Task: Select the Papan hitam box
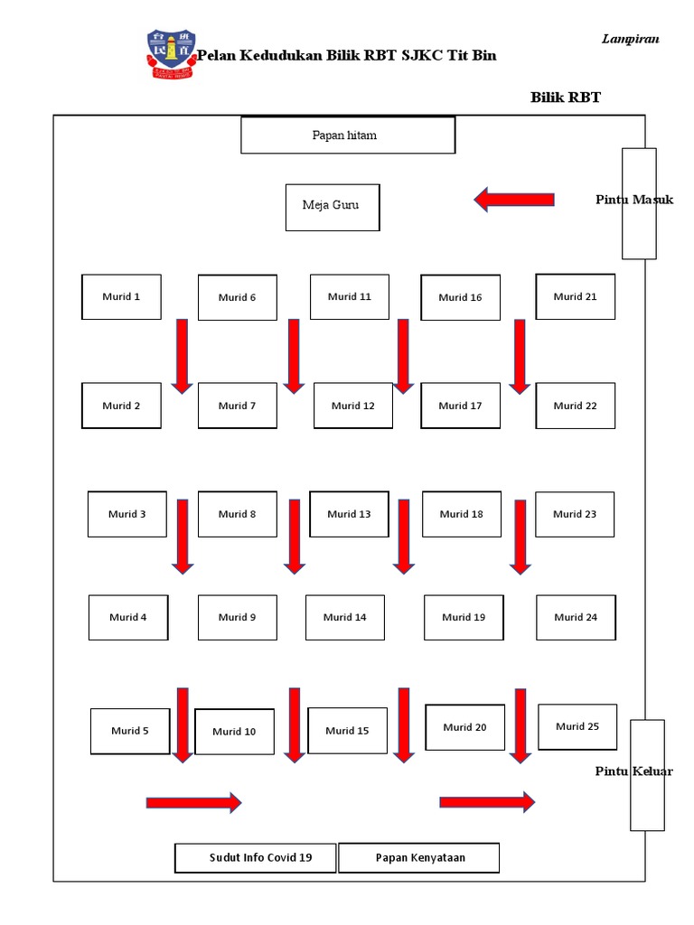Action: [x=348, y=135]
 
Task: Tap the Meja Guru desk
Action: [x=333, y=207]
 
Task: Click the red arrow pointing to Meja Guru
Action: [x=514, y=200]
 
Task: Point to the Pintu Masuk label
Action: [x=634, y=200]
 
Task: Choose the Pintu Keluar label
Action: [x=633, y=771]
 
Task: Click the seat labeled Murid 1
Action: [x=121, y=297]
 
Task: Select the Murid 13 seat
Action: [x=349, y=514]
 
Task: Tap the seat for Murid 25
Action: [x=577, y=726]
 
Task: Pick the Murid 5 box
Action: [x=130, y=731]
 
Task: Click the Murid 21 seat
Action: [x=575, y=296]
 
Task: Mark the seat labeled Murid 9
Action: [x=237, y=618]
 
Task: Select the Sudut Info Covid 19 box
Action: [x=256, y=858]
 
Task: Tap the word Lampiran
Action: [x=630, y=39]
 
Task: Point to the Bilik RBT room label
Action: [x=565, y=98]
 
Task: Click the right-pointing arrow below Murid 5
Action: [x=193, y=802]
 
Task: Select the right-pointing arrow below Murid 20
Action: [x=487, y=802]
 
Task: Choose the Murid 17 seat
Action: [x=460, y=406]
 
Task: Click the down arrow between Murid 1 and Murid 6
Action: [x=183, y=356]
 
